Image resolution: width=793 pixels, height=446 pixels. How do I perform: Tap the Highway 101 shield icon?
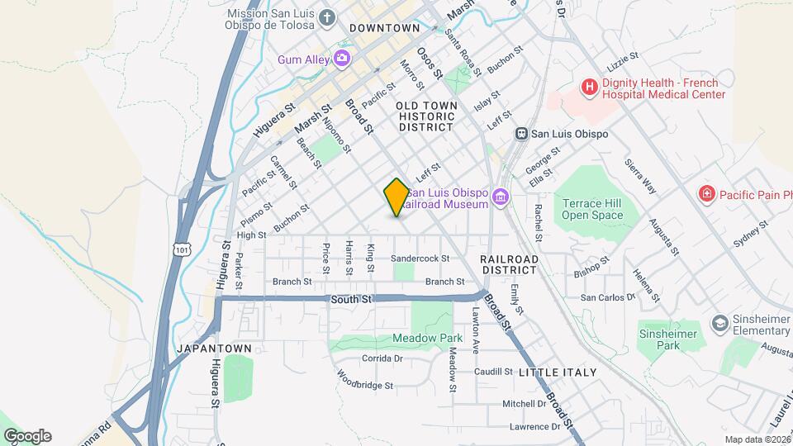[183, 248]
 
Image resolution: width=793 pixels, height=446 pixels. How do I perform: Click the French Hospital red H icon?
[589, 86]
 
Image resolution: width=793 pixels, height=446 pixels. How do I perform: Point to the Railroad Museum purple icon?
[500, 197]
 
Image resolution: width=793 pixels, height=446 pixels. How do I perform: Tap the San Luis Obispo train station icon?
[521, 134]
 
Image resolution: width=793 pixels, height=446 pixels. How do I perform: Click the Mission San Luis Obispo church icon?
[328, 18]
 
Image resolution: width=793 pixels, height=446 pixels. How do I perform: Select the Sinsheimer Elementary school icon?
[719, 322]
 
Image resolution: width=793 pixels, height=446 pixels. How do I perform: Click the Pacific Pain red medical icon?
[706, 194]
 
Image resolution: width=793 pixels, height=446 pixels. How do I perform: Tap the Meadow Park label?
[427, 338]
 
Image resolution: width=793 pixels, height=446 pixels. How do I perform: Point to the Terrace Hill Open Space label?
[591, 209]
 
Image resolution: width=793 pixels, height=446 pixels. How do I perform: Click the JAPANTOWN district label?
[214, 349]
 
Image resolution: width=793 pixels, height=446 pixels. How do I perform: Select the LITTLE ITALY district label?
[558, 372]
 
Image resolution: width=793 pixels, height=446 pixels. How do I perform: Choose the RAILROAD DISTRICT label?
[509, 264]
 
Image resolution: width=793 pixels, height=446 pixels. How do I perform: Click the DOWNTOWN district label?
[385, 28]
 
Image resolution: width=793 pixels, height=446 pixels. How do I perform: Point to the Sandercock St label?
[420, 259]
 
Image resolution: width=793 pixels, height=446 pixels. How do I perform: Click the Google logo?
[27, 436]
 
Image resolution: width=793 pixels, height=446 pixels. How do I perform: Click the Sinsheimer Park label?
[667, 339]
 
